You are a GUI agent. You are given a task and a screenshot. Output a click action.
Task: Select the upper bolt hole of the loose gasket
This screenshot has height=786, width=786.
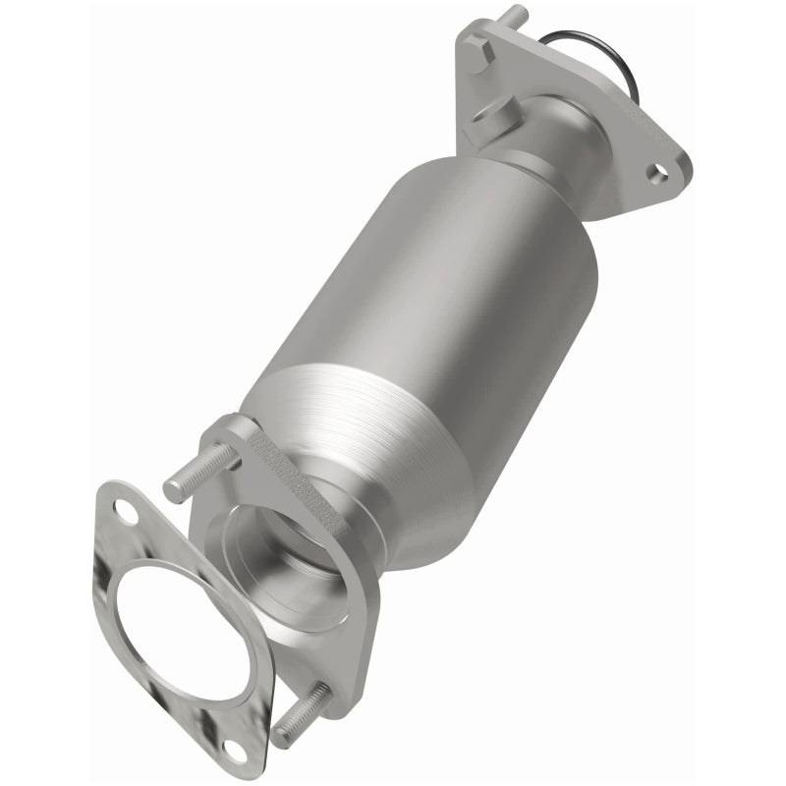click(x=125, y=510)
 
